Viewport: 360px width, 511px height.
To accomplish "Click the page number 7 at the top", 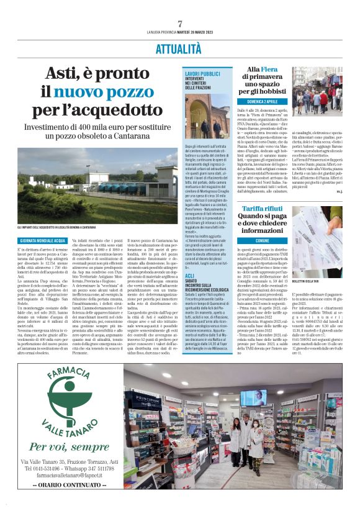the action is point(179,24).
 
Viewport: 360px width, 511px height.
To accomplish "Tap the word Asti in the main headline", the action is point(62,75).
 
